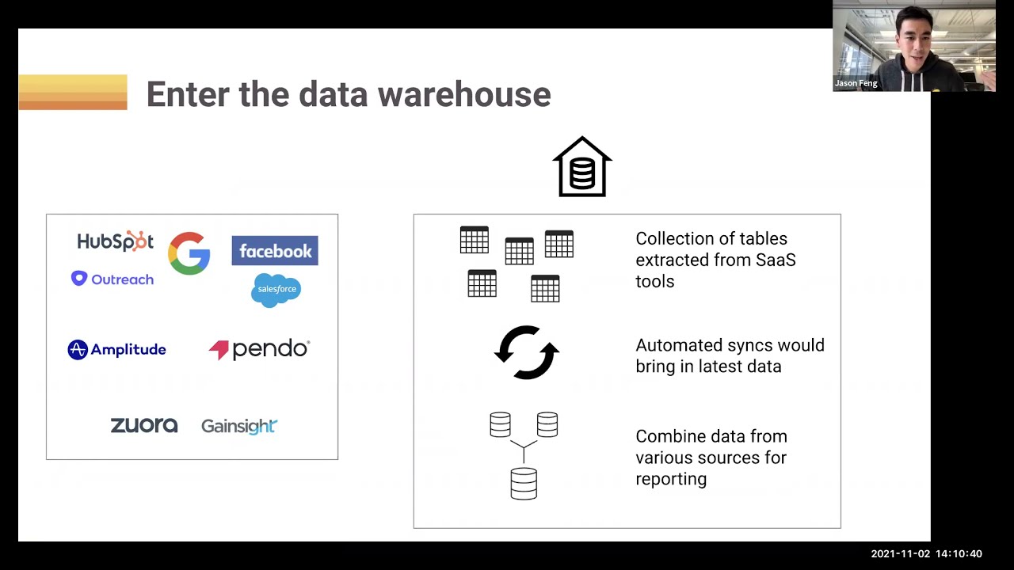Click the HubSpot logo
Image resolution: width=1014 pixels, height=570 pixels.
pos(115,241)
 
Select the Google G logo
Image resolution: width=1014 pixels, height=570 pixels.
pos(189,253)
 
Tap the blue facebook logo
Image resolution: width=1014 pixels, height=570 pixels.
pos(275,251)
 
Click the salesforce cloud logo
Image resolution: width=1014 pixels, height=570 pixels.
pos(276,290)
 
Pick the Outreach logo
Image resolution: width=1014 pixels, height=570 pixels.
pos(112,279)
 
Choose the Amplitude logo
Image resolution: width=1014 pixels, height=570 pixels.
pos(116,350)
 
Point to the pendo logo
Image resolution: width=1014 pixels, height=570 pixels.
pos(259,349)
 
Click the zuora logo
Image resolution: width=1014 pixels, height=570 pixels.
pos(143,426)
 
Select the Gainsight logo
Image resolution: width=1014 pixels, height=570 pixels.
pos(238,426)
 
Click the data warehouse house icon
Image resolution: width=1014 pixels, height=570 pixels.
pos(582,167)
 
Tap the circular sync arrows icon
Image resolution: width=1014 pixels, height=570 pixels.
pos(527,352)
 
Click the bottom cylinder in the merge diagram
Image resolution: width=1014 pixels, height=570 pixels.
pos(524,483)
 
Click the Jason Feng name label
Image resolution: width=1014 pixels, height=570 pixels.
pos(856,83)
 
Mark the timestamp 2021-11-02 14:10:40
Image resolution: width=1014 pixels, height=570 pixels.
pos(926,554)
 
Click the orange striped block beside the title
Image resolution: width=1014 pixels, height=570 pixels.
pos(73,92)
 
